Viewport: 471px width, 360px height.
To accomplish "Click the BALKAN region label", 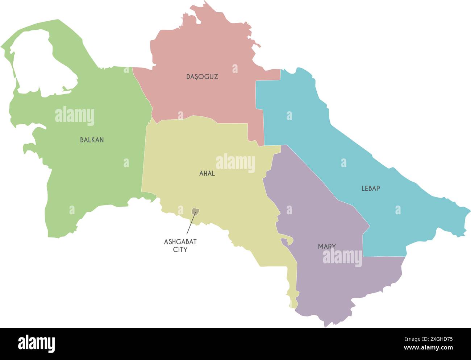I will [x=92, y=140].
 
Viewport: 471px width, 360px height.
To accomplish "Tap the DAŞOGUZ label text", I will [x=202, y=77].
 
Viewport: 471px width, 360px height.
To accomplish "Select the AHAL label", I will [x=207, y=174].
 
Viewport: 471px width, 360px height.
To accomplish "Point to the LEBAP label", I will [x=371, y=189].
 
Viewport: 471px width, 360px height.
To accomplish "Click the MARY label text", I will [x=327, y=247].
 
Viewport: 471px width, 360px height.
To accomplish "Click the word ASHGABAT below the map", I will [x=180, y=242].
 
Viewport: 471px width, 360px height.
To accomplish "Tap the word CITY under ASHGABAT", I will [x=180, y=250].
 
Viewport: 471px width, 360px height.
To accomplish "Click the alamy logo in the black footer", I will [x=37, y=343].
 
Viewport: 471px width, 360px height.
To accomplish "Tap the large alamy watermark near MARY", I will [x=342, y=258].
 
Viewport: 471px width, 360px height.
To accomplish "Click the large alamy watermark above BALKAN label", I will [x=75, y=116].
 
